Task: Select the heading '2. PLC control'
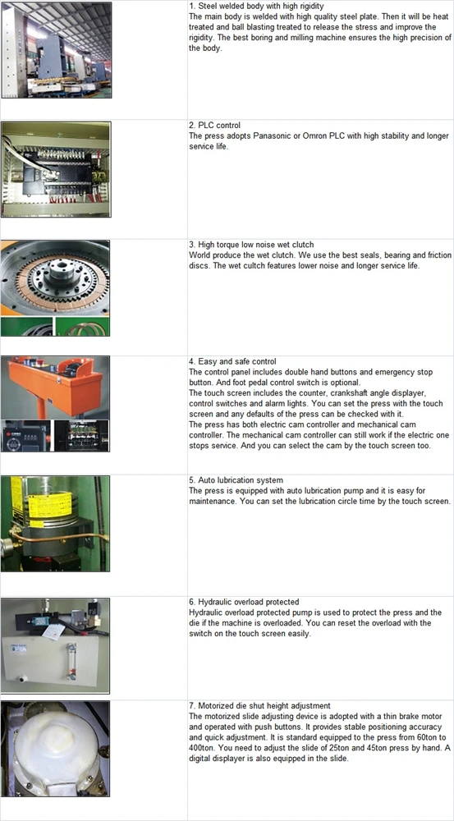coord(215,126)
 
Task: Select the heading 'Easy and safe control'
coord(232,362)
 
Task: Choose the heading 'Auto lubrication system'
coord(236,480)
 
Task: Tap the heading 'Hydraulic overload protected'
coord(244,602)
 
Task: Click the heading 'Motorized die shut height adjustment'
coord(259,706)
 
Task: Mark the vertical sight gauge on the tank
coord(71,662)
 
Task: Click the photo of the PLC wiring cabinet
coord(56,169)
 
